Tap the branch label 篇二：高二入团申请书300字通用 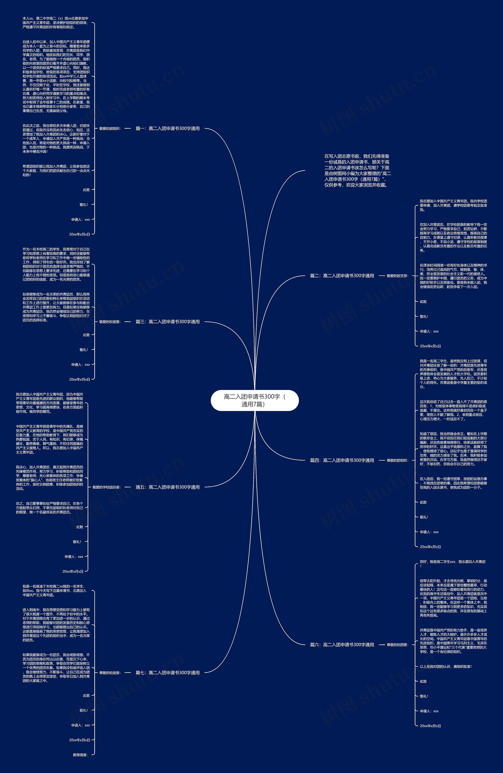[x=342, y=276]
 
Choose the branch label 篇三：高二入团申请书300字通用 [x=167, y=322]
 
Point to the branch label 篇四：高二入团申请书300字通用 [x=342, y=460]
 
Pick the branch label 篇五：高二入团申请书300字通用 [x=167, y=487]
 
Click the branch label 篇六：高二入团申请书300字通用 [x=342, y=645]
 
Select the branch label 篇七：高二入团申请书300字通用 [x=167, y=673]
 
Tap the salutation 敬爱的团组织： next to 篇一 [x=110, y=129]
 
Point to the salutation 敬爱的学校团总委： [x=106, y=487]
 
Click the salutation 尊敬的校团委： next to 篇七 [x=110, y=673]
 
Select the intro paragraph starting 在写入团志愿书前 [x=357, y=170]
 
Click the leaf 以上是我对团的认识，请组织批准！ [x=445, y=666]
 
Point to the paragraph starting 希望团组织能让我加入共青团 [x=56, y=170]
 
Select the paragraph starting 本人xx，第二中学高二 [x=55, y=23]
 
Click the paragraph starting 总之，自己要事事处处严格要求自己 [x=49, y=508]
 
